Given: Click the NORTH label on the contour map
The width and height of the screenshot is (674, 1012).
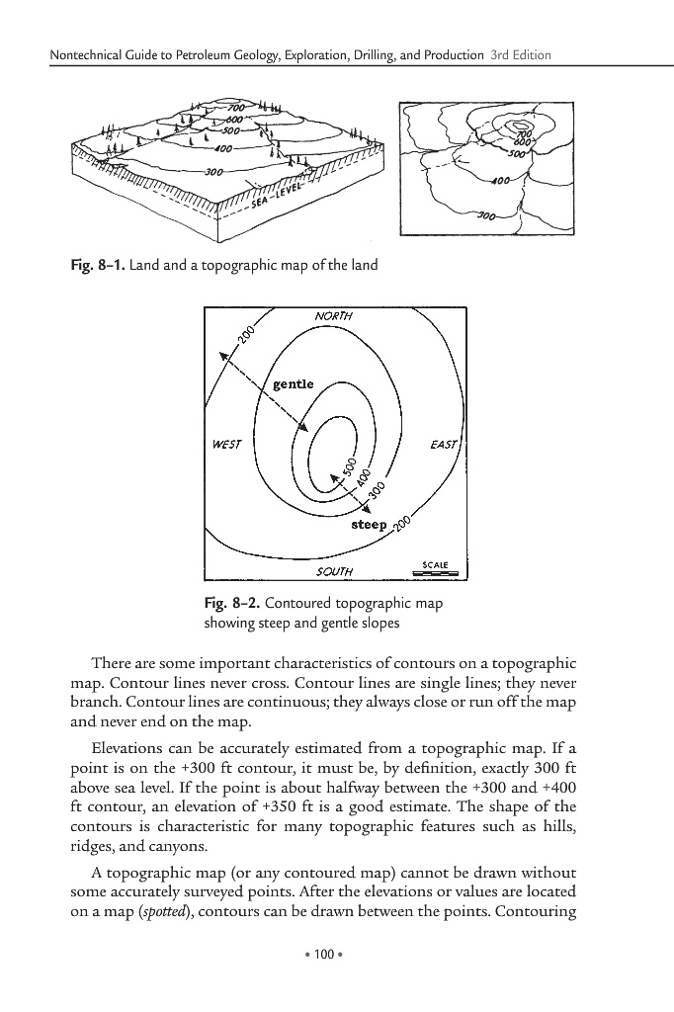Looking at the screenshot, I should tap(333, 316).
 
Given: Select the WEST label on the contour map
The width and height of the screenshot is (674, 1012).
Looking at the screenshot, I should tap(225, 445).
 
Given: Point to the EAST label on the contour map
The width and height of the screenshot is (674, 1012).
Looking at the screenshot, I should tap(444, 445).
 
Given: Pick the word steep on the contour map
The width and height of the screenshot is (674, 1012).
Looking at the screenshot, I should tap(369, 523).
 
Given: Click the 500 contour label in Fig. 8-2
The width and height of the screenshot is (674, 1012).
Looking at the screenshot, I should tap(348, 464).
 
